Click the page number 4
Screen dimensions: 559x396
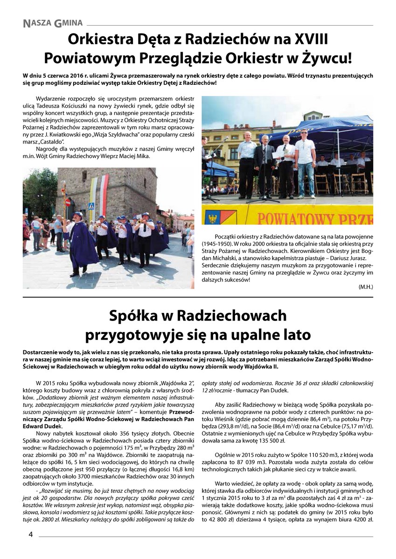pos(30,534)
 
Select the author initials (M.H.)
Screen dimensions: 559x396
pos(365,287)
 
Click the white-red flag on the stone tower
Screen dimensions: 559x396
pos(104,191)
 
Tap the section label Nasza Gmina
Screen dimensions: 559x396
pos(53,22)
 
